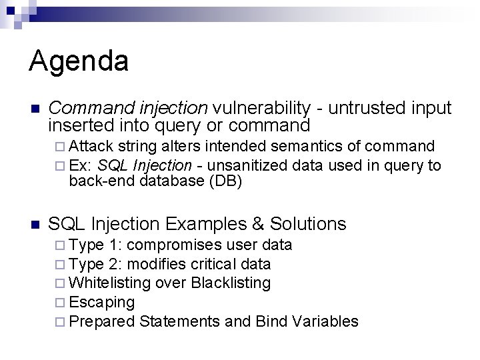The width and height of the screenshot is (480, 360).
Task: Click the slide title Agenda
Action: click(79, 61)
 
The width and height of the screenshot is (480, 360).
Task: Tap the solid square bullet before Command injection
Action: click(35, 109)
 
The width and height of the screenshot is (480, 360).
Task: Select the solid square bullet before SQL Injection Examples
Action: click(35, 225)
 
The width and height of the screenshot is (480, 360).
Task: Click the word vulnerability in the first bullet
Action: click(261, 109)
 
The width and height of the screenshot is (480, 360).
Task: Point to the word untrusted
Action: click(367, 108)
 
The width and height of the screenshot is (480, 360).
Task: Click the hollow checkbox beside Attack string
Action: click(60, 147)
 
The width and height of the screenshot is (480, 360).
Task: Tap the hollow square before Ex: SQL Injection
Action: click(60, 166)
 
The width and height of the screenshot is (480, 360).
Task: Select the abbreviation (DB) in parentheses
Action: click(226, 181)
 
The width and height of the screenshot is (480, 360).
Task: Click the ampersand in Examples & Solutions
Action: click(258, 224)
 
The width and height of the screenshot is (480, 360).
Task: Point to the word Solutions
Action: click(308, 224)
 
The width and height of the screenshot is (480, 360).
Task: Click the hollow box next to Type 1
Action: click(60, 245)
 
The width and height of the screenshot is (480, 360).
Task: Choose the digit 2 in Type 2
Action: click(113, 264)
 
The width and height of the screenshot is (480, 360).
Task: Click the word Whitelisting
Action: click(109, 283)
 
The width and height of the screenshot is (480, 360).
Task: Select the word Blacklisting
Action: click(231, 283)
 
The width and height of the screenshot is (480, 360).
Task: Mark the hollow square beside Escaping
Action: click(60, 303)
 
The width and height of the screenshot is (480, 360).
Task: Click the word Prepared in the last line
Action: click(101, 322)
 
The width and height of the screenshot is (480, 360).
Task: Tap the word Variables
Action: click(325, 321)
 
